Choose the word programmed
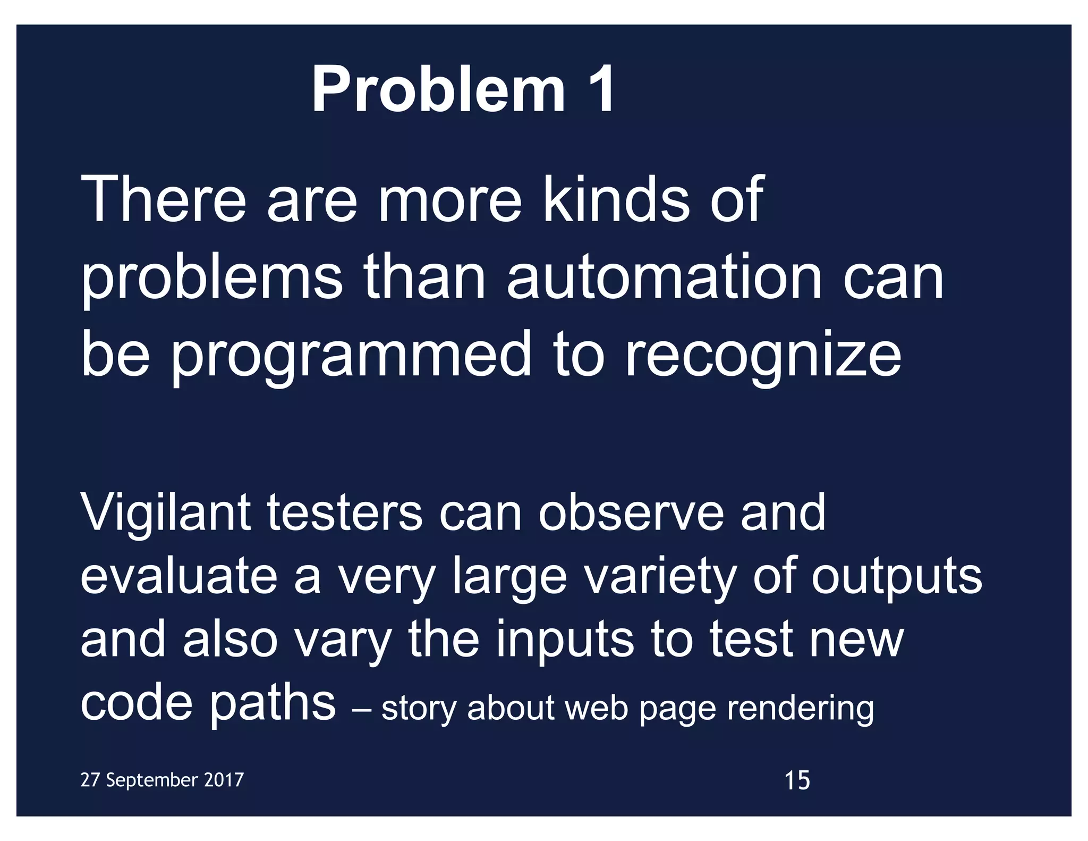point(351,355)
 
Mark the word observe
point(631,513)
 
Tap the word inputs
point(565,640)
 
